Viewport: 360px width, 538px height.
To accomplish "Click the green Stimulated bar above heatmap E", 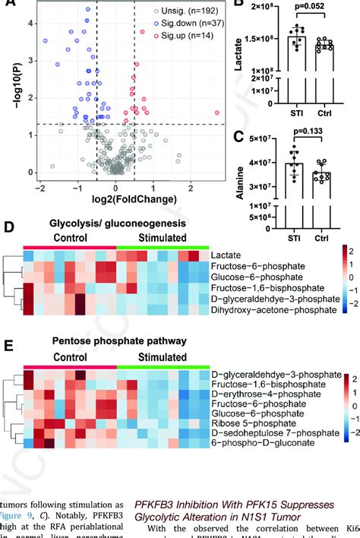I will point(162,366).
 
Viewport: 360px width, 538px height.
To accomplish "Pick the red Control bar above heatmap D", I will point(69,247).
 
